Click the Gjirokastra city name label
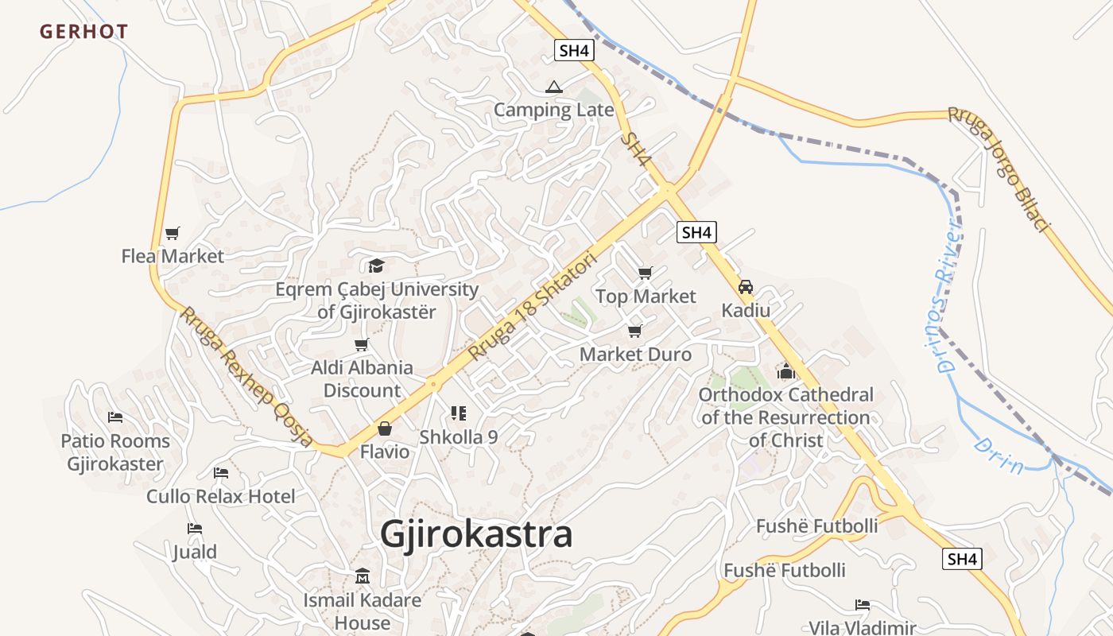(x=475, y=534)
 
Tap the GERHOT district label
(x=83, y=32)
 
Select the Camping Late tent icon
(x=554, y=87)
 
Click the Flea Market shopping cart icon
(x=173, y=233)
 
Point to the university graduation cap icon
(x=376, y=266)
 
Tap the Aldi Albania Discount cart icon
(x=362, y=344)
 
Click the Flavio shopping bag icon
(x=385, y=429)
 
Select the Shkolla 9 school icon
(x=458, y=413)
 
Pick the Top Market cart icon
(x=646, y=273)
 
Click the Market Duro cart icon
(x=634, y=331)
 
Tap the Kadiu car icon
(x=746, y=287)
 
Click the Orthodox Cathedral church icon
(x=786, y=370)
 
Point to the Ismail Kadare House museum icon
(x=363, y=576)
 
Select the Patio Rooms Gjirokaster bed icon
(x=115, y=417)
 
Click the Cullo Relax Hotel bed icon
(x=221, y=473)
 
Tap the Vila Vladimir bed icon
(x=863, y=605)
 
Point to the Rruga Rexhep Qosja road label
(x=246, y=377)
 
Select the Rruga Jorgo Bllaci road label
(x=999, y=169)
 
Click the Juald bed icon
(x=195, y=529)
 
